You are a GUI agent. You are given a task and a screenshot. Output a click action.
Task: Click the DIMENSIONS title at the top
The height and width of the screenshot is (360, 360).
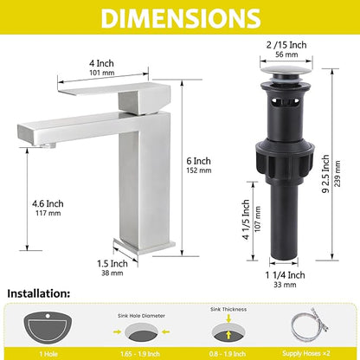(x=181, y=18)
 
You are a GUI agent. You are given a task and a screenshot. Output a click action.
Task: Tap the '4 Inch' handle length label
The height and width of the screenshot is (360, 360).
(x=101, y=63)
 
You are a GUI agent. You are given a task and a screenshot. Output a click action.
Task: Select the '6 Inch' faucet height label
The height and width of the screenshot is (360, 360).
(x=198, y=161)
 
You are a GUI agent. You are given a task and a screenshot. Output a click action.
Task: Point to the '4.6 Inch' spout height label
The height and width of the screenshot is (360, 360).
(x=48, y=203)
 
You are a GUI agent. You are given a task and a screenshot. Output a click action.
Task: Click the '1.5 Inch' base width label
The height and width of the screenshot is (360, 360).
(x=112, y=263)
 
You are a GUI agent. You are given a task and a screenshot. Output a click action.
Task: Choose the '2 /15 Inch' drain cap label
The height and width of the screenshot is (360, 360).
(x=286, y=45)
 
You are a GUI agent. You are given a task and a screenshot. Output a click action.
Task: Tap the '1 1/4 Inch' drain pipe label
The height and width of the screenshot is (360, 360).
(x=285, y=275)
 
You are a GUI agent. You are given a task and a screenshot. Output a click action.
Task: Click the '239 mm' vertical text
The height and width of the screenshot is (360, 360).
(x=337, y=174)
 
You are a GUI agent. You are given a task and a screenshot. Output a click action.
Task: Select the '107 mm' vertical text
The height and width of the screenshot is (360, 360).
(x=258, y=219)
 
